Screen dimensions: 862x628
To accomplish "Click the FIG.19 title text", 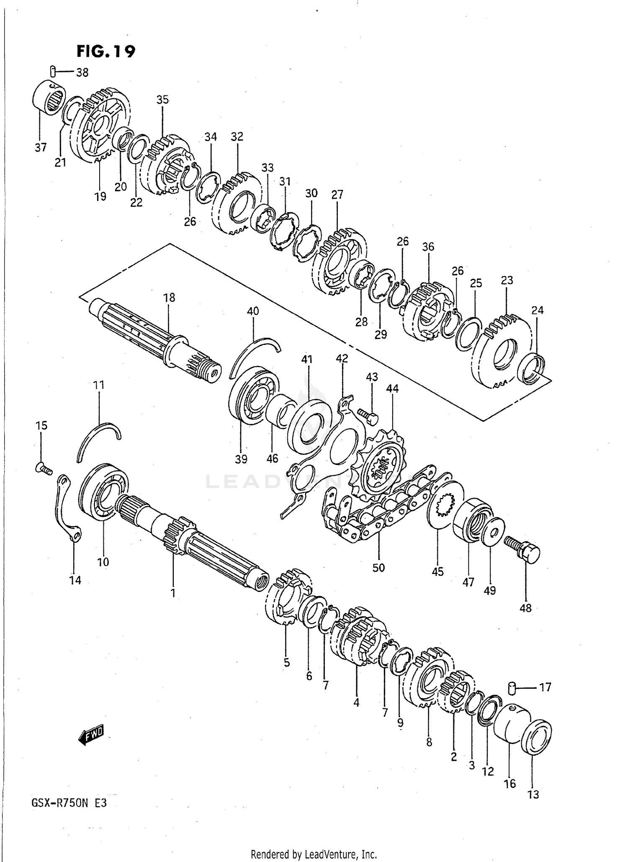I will [106, 51].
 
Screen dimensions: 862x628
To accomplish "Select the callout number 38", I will [82, 72].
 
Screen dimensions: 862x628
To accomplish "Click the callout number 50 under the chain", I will [378, 568].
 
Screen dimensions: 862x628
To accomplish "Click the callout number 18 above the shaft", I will [169, 298].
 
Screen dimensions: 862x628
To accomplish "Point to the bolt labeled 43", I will [368, 416].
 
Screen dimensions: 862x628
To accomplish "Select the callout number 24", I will [538, 310].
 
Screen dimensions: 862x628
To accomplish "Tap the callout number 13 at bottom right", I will [533, 794].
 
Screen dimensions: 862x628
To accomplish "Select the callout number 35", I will [162, 100].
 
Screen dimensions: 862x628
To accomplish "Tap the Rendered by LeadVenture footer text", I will [314, 854].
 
